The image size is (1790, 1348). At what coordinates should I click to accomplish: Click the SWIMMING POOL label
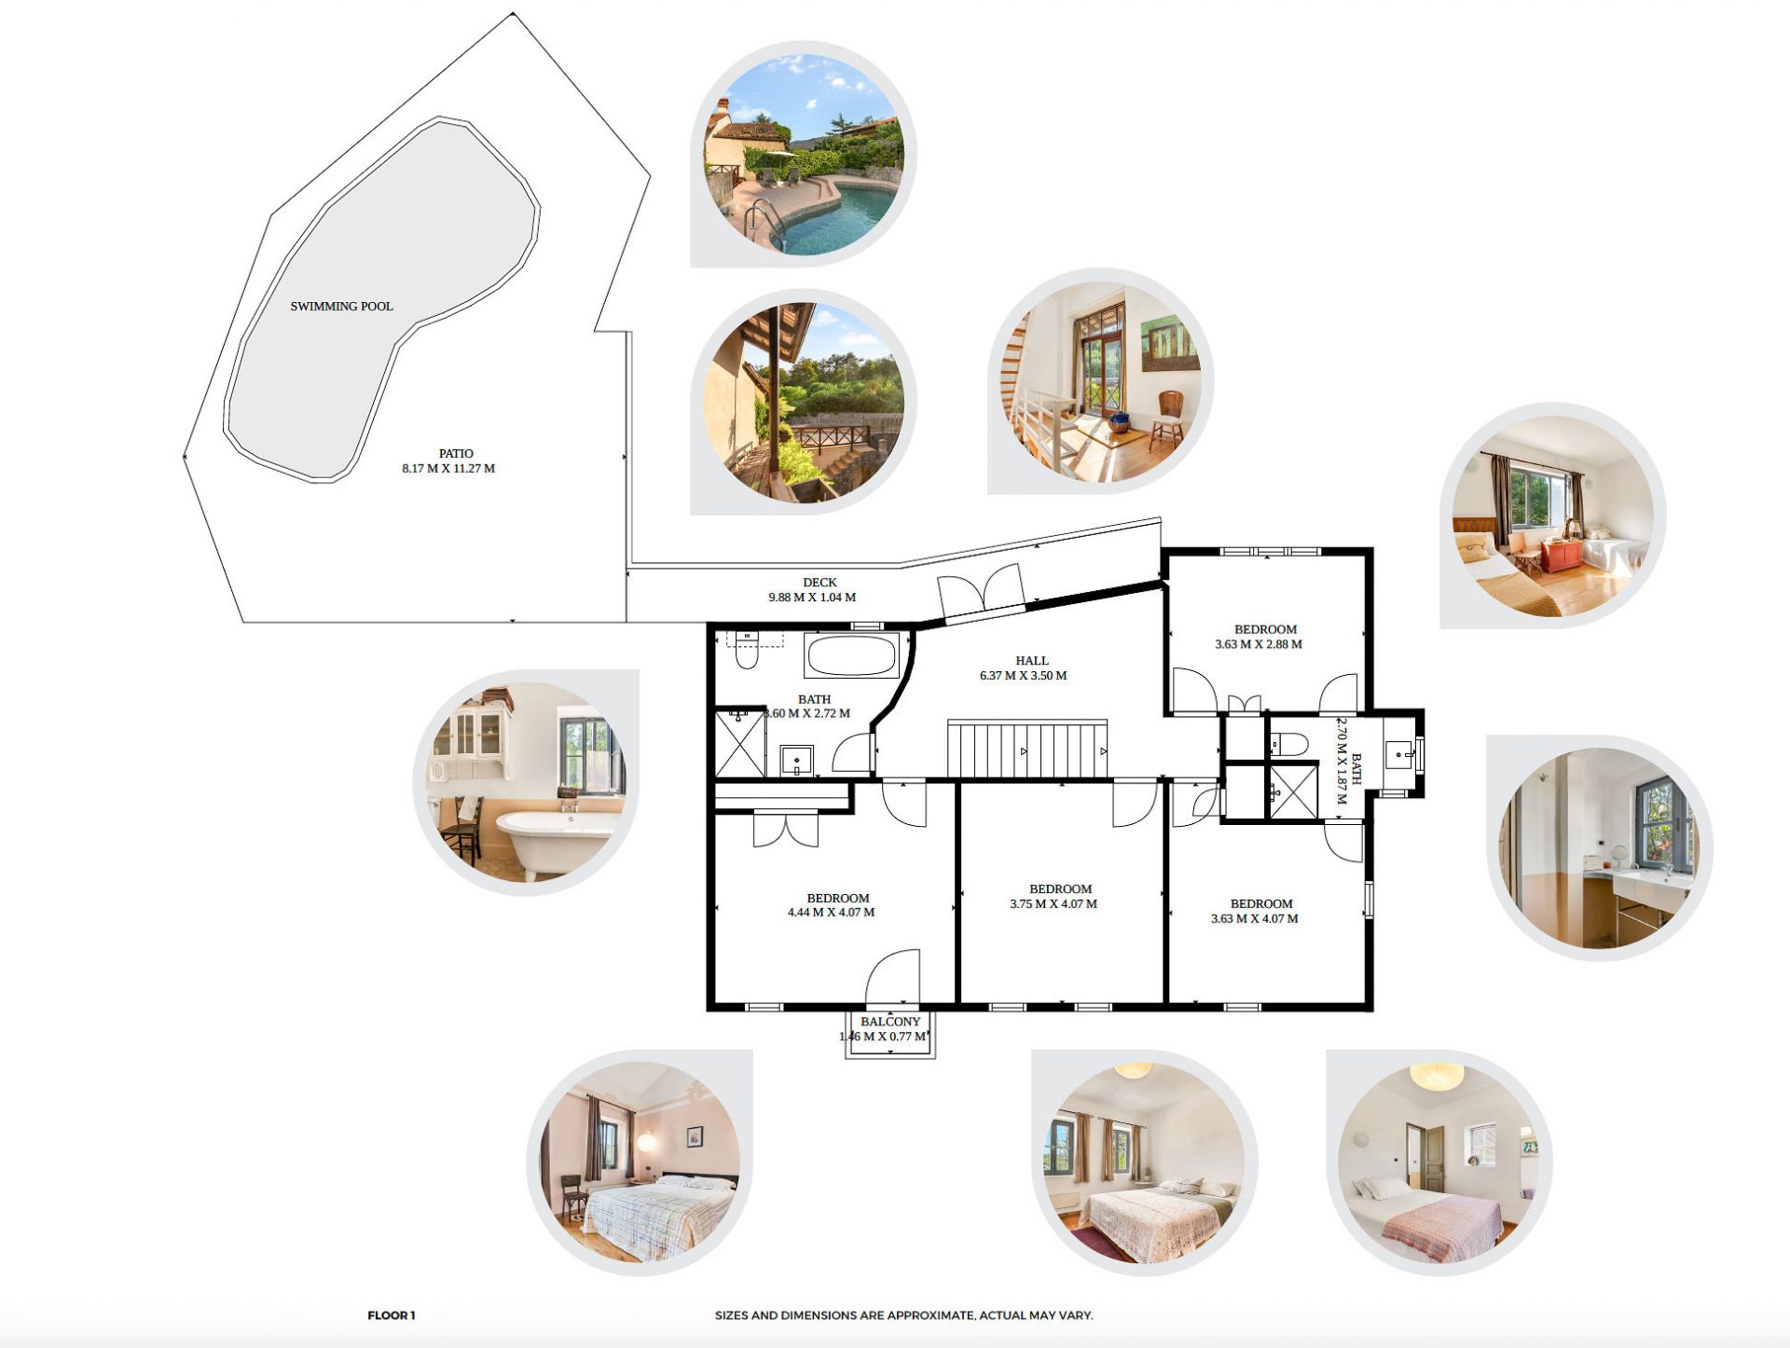341,306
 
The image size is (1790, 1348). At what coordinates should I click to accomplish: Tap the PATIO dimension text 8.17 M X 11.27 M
448,469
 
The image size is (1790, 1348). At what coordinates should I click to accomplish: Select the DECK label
819,583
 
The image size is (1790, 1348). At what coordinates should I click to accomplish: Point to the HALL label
1032,661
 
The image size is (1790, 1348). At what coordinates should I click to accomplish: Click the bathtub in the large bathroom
852,655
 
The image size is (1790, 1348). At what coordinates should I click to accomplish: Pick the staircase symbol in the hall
1027,749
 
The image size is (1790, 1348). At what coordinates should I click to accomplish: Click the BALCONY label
890,1022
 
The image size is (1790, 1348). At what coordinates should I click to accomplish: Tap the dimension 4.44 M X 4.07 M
831,913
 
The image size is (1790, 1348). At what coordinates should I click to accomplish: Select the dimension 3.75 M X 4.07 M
1053,904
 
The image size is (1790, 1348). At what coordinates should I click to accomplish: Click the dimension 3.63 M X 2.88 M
1259,644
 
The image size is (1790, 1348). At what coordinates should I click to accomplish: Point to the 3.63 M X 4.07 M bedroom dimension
1255,919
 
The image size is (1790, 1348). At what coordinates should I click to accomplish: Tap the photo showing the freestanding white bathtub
526,783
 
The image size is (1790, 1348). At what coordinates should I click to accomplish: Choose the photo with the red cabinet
1553,516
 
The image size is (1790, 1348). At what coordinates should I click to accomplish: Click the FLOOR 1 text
392,1315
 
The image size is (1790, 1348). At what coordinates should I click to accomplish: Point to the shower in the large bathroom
740,742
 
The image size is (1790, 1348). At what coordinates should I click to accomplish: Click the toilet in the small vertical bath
1288,744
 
